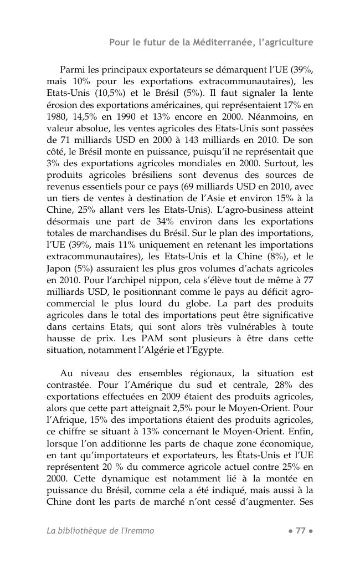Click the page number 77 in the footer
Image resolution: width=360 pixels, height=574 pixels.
[x=301, y=531]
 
